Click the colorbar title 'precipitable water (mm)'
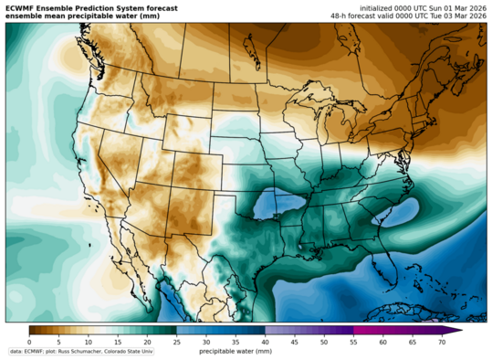click(236, 351)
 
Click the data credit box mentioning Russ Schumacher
click(80, 351)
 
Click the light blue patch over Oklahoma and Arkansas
click(278, 205)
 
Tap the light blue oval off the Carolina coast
click(394, 215)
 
